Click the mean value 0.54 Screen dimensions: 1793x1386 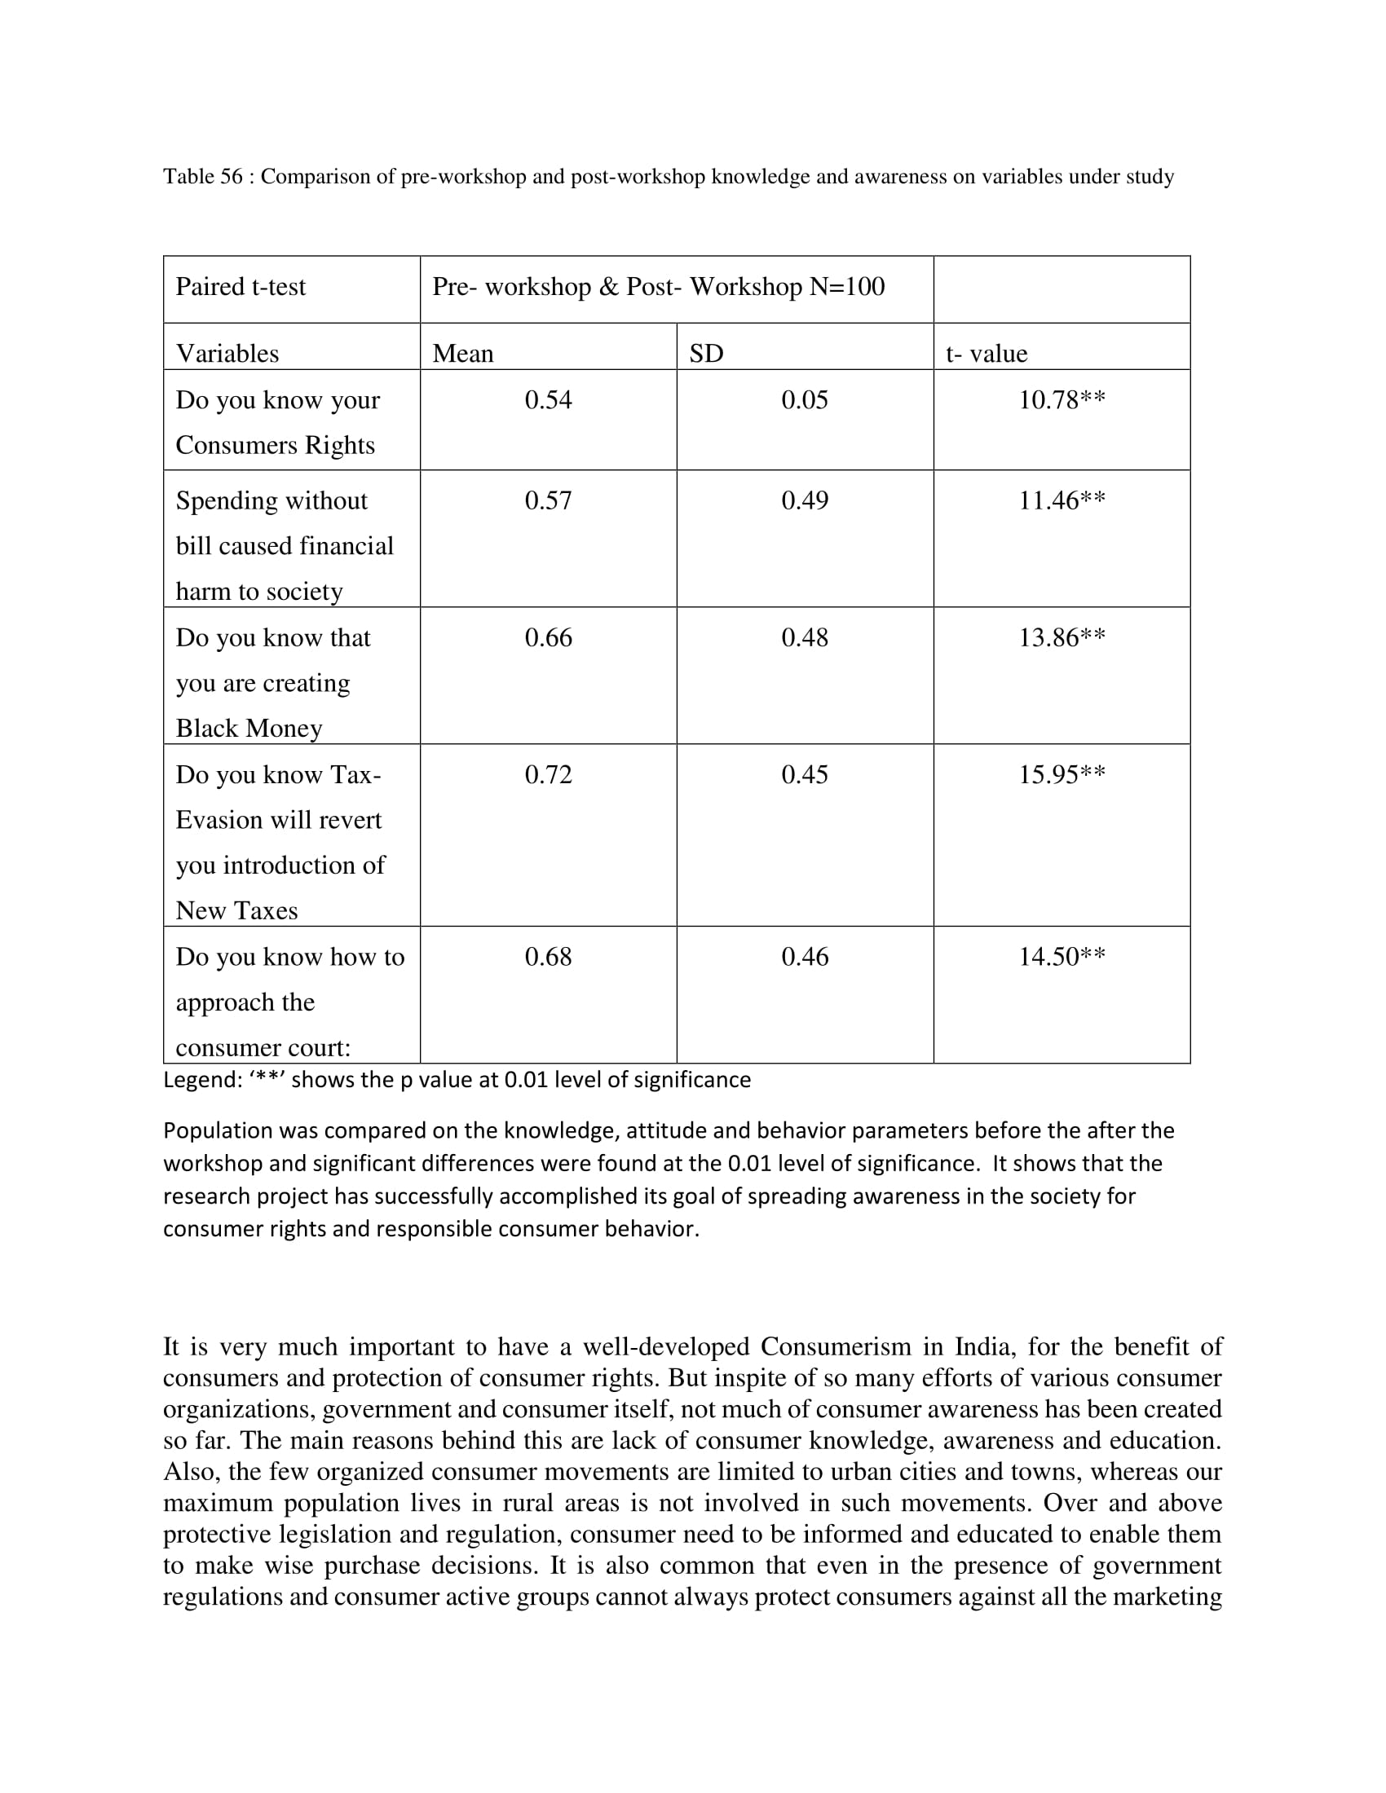tap(548, 400)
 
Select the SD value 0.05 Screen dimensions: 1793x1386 tap(804, 400)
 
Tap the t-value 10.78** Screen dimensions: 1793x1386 tap(1061, 400)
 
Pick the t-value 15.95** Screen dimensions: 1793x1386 tap(1061, 774)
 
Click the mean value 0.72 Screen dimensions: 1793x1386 tap(548, 774)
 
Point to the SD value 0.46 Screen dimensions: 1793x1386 tap(804, 957)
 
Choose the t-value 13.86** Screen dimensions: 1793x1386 tap(1061, 637)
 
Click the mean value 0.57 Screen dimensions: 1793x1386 tap(548, 500)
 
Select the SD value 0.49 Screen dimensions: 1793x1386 tap(804, 500)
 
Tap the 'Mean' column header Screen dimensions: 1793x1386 tap(463, 353)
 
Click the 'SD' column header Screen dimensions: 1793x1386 tap(706, 353)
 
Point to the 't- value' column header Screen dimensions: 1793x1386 tap(987, 353)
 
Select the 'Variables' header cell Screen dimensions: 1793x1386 tap(227, 353)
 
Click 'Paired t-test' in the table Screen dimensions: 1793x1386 tap(241, 287)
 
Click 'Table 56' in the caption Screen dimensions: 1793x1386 tap(203, 177)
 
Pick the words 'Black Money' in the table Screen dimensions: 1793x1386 tap(249, 728)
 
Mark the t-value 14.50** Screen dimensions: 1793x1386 tap(1061, 957)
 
